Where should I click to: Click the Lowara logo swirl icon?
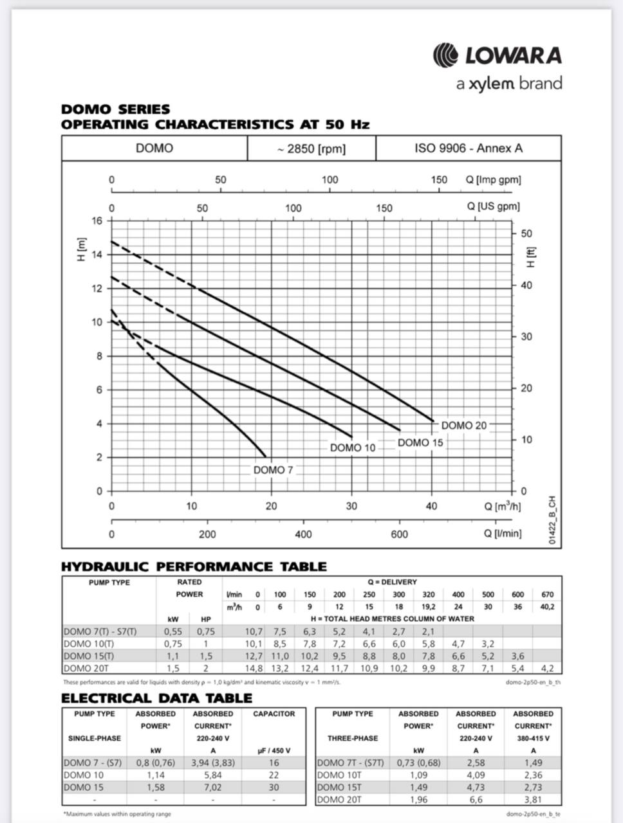click(x=445, y=55)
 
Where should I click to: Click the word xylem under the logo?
click(x=492, y=84)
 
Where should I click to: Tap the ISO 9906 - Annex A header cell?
click(x=468, y=149)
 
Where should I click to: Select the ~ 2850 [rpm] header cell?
click(x=311, y=149)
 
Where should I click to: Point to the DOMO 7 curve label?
click(x=273, y=470)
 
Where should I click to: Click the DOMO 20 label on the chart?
click(x=464, y=426)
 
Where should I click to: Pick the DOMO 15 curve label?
click(x=420, y=442)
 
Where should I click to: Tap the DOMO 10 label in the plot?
click(x=353, y=448)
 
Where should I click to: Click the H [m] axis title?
click(x=81, y=249)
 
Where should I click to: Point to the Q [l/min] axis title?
click(x=503, y=534)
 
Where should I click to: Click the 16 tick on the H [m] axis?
click(x=97, y=221)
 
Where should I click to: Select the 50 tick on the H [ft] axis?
click(x=526, y=234)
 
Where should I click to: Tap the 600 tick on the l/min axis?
click(x=399, y=534)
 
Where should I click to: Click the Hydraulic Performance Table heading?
click(x=194, y=566)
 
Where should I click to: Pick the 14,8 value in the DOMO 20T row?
click(x=254, y=669)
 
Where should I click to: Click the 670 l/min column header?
click(x=547, y=595)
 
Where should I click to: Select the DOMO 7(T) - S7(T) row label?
click(x=100, y=631)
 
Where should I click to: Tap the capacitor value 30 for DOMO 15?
click(x=274, y=787)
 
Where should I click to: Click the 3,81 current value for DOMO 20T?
click(x=533, y=799)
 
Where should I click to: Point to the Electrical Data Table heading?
click(x=156, y=698)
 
